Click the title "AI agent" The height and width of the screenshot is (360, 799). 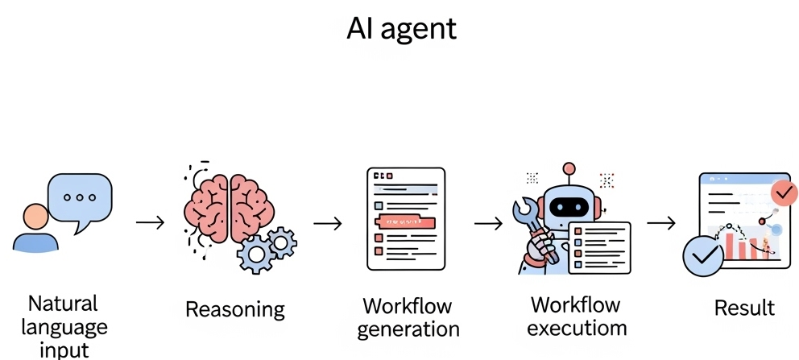click(x=401, y=29)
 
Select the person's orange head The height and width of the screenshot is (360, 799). click(x=35, y=217)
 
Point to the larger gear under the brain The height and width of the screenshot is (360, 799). click(x=255, y=254)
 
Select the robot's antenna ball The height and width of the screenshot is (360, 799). click(x=569, y=169)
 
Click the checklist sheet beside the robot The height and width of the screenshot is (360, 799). click(x=599, y=246)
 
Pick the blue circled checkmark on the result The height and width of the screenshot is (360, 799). click(x=702, y=257)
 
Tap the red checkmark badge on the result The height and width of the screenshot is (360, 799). click(x=783, y=193)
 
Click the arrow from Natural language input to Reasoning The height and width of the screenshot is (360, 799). click(x=150, y=221)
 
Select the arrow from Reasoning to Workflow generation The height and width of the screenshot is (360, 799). click(x=327, y=222)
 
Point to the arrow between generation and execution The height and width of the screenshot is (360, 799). click(x=488, y=222)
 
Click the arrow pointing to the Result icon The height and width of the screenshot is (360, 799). click(x=661, y=221)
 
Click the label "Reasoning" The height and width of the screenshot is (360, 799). click(x=234, y=308)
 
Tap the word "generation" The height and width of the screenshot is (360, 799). click(x=408, y=329)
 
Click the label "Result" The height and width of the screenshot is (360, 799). click(x=744, y=308)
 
